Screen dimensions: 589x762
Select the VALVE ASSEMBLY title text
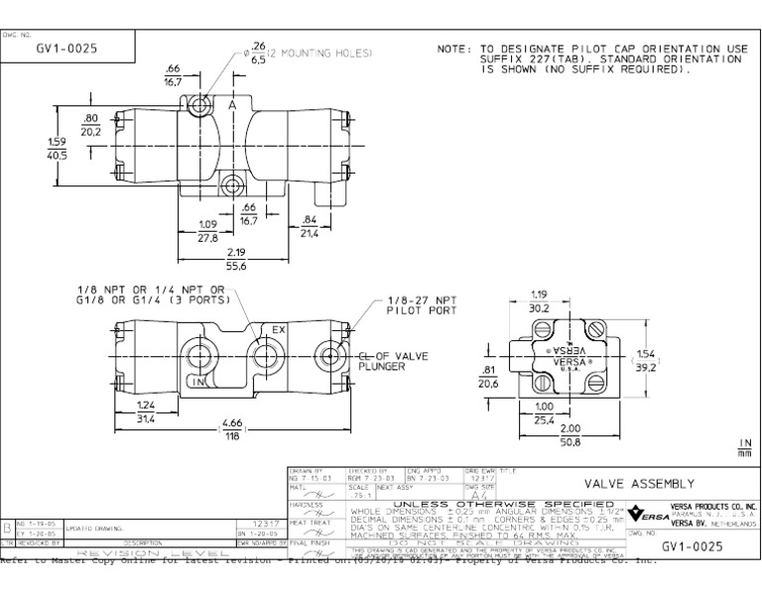638,483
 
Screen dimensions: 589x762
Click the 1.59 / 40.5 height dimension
57,148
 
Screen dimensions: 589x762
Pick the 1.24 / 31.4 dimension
146,412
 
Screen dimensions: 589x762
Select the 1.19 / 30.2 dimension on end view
539,300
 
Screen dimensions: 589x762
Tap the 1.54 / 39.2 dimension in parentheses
646,359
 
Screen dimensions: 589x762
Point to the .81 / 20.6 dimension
487,376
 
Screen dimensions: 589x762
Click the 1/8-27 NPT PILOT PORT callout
421,304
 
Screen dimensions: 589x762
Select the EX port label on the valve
278,330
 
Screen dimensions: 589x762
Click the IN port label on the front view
198,381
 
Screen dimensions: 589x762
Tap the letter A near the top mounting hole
231,105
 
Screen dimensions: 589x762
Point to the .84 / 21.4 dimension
308,225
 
